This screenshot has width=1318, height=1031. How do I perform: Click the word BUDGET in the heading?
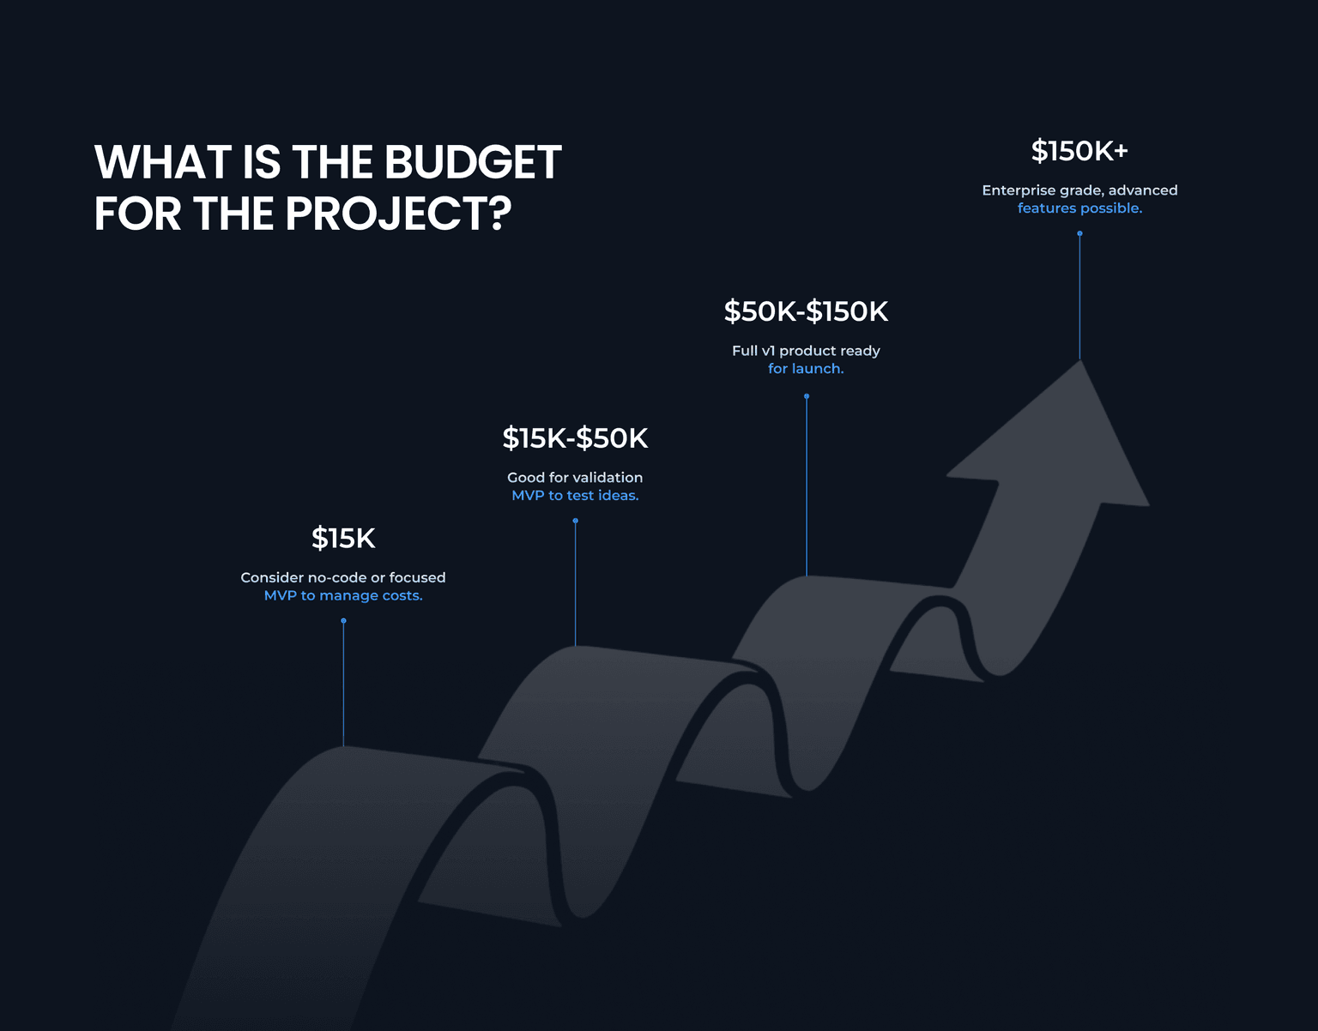(473, 162)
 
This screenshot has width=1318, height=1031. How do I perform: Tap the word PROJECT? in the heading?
(398, 214)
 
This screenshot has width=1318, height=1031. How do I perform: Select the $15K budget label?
(343, 539)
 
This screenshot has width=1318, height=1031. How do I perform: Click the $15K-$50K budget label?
(575, 438)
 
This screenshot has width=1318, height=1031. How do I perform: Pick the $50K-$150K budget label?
(806, 311)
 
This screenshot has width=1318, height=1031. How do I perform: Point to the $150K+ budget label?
(1079, 151)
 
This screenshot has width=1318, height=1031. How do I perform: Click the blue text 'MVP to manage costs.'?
(343, 595)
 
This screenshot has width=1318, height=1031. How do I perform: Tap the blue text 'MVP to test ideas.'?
(575, 496)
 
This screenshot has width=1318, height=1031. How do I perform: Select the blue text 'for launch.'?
(806, 369)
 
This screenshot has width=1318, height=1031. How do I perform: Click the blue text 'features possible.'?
(1079, 208)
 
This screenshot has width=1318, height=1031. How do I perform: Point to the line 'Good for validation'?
(575, 477)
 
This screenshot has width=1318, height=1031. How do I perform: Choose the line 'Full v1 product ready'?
(806, 351)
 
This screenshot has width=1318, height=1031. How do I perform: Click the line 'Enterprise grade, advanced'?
(1079, 190)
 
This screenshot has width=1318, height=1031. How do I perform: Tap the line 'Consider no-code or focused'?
(343, 577)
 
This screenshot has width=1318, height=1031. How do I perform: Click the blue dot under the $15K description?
(343, 620)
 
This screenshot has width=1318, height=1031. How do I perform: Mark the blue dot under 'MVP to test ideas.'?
(575, 521)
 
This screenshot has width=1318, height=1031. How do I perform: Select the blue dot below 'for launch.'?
(807, 396)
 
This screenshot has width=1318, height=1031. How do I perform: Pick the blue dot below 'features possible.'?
(1079, 233)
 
